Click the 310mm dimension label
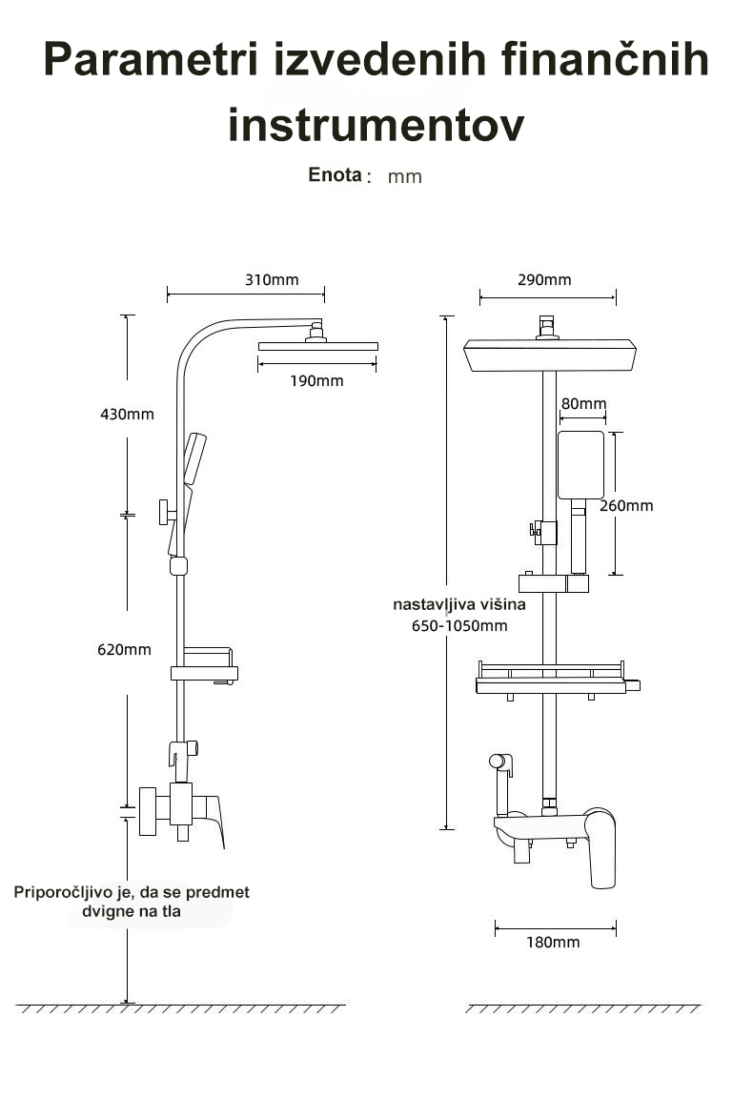point(272,279)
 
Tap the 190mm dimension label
point(316,380)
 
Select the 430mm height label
point(127,415)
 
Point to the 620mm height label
point(125,650)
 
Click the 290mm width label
point(545,279)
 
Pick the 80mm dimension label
point(583,403)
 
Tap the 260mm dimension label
point(626,505)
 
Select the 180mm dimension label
point(553,942)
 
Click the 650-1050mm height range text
point(460,626)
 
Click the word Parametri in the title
point(151,59)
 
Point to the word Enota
point(336,174)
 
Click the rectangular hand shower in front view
point(580,465)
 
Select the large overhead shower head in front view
point(549,356)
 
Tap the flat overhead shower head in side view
point(318,347)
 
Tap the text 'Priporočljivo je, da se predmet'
point(132,892)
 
